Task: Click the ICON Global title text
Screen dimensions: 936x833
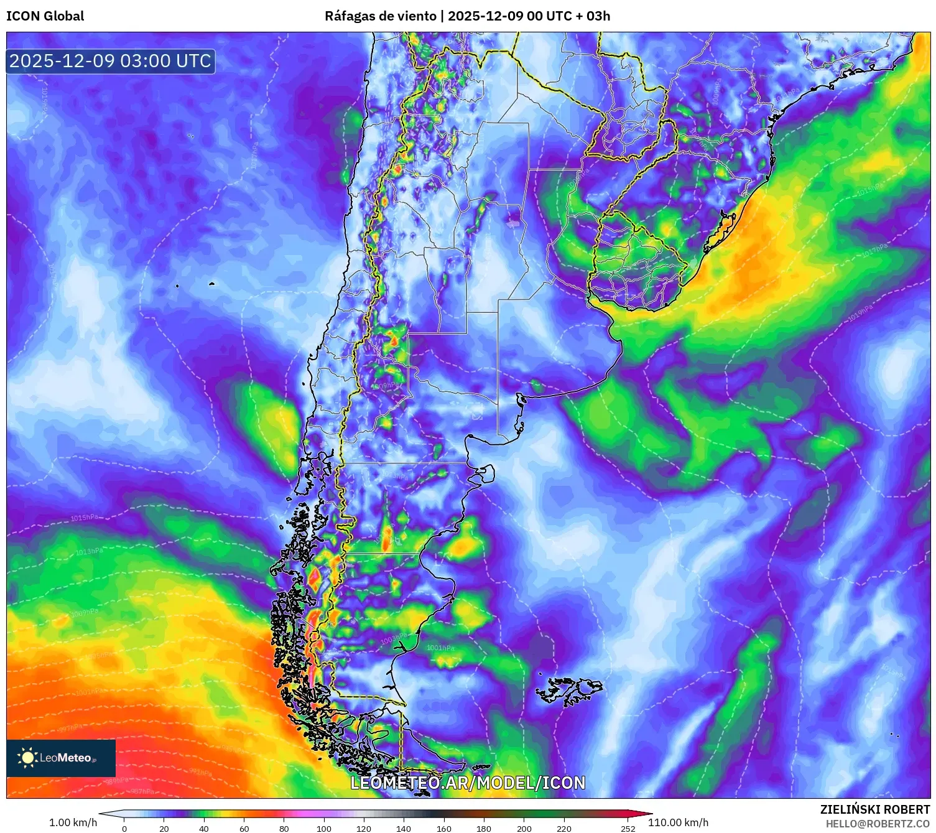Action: (45, 16)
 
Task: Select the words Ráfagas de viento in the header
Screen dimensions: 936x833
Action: (380, 16)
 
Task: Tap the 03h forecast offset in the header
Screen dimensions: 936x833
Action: (598, 16)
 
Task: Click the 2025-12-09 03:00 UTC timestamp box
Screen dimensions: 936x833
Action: (111, 62)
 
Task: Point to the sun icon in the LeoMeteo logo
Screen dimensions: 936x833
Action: (27, 757)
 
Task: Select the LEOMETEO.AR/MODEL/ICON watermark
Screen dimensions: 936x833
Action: (468, 783)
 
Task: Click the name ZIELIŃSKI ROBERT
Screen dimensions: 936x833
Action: (874, 809)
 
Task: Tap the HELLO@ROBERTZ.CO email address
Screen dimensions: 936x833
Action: (878, 824)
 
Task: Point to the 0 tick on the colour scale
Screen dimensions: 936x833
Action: (124, 828)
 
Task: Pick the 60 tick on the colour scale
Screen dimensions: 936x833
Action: (244, 828)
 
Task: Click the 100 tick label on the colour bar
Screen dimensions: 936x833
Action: (324, 828)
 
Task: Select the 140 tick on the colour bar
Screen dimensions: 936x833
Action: (404, 828)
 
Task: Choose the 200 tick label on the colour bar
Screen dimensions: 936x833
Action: (524, 828)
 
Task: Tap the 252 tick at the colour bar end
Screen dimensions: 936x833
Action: (628, 828)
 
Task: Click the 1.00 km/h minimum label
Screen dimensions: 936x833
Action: (73, 822)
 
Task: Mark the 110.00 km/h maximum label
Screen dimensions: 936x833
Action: (678, 822)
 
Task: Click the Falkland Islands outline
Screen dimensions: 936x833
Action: (569, 689)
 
